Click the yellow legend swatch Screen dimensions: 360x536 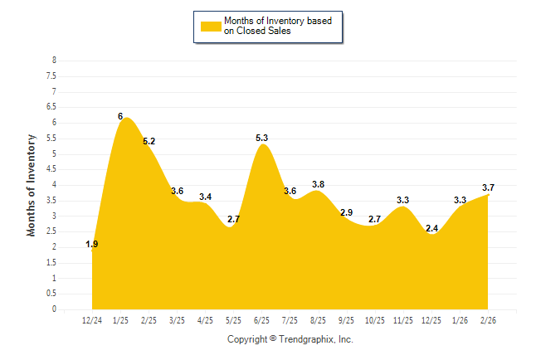(211, 26)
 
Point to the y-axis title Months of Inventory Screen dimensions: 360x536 (32, 185)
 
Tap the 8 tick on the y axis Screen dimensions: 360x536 (54, 61)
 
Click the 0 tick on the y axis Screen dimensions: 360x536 (54, 309)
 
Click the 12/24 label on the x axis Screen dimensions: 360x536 (92, 319)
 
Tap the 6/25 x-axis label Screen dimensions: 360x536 (261, 319)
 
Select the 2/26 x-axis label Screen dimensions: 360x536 (489, 319)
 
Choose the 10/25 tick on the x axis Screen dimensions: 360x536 (375, 319)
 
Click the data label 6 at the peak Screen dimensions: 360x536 (120, 117)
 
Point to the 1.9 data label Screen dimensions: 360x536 (92, 244)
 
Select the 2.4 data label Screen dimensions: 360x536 (431, 228)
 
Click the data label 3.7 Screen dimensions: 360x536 (488, 187)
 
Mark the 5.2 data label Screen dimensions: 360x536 (149, 141)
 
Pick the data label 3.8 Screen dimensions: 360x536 (319, 184)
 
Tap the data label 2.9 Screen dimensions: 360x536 (347, 212)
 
